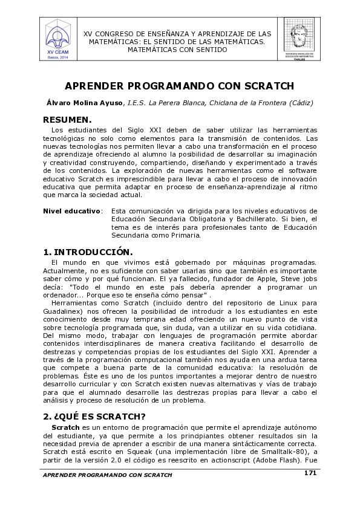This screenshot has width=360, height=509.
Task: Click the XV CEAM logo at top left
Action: (58, 38)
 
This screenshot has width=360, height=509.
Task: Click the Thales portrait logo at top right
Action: (299, 38)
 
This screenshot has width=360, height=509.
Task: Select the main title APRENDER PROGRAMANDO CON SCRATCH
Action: (179, 86)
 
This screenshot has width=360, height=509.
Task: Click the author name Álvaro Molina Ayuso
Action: (85, 103)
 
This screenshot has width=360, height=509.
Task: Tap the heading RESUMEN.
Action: (67, 120)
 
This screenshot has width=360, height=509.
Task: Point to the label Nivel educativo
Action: (71, 211)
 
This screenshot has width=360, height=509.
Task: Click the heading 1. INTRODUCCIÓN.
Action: (88, 251)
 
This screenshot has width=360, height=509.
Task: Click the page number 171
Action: (310, 473)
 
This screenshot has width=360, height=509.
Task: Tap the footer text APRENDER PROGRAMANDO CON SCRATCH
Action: (107, 475)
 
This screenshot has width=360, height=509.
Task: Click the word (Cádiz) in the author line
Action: (300, 103)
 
